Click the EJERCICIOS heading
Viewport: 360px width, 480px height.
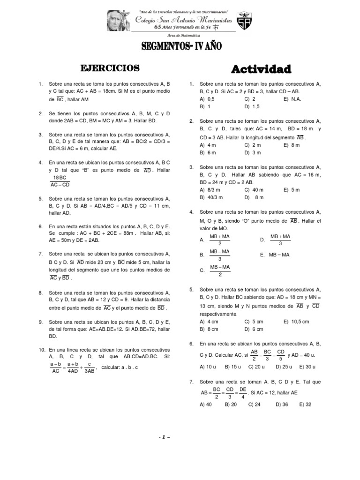click(x=110, y=68)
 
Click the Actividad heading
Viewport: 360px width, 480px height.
click(x=262, y=69)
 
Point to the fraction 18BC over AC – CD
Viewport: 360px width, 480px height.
click(x=60, y=181)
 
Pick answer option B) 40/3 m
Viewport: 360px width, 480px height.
click(x=210, y=197)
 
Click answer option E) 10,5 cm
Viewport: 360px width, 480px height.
click(x=296, y=322)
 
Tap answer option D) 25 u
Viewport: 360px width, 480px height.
click(x=284, y=367)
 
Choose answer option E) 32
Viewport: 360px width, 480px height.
click(x=305, y=404)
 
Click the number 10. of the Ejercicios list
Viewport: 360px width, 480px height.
click(x=41, y=350)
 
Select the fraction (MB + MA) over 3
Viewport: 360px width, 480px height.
click(x=280, y=240)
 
